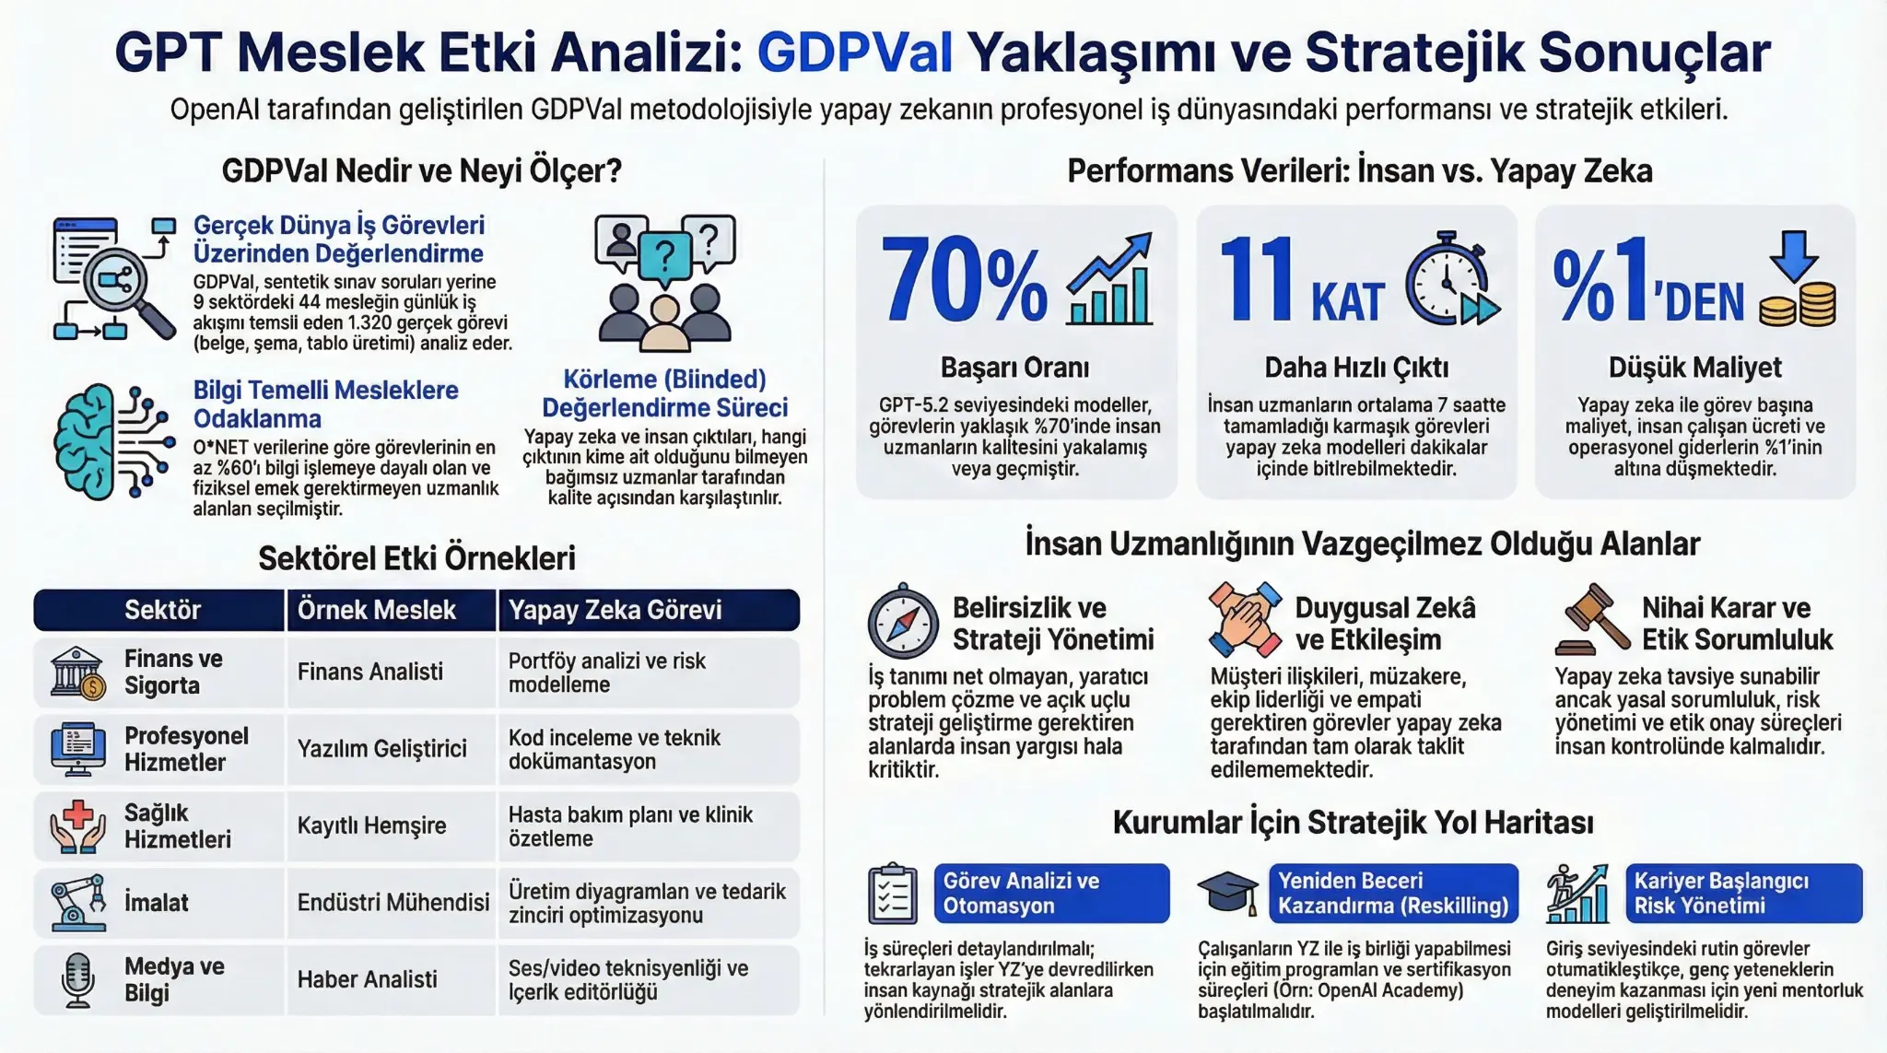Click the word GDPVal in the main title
tap(854, 53)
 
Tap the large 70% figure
tap(964, 280)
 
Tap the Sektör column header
tap(162, 610)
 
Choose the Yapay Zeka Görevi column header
tap(615, 610)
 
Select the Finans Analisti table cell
tap(369, 672)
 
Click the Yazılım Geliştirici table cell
tap(381, 748)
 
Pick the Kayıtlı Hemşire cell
tap(371, 825)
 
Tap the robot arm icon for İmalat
tap(77, 902)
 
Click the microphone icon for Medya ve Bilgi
tap(77, 980)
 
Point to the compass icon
tap(903, 622)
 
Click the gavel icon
tap(1593, 619)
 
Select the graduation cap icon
tap(1228, 893)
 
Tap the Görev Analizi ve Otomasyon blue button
tap(1051, 893)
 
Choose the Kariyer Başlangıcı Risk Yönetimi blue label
tap(1743, 893)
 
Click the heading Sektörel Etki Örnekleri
tap(416, 558)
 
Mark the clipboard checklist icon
tap(892, 894)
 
